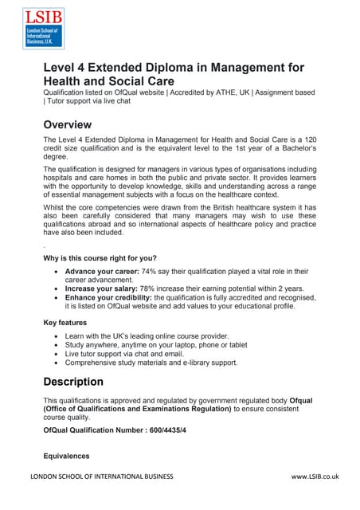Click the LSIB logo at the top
pos(44,29)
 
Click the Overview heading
pos(68,125)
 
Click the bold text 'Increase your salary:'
pos(103,289)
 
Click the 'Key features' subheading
pos(66,323)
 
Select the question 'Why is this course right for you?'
pos(100,257)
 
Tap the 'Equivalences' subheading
pos(66,456)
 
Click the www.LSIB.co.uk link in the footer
pos(315,477)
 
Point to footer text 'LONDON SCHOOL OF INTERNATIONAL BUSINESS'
pos(101,477)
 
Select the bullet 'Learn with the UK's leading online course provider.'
pos(160,336)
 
